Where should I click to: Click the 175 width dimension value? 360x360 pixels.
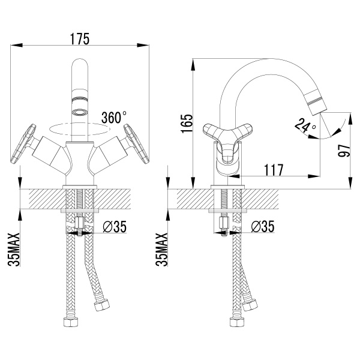(x=80, y=39)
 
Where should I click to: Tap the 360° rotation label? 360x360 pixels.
(x=114, y=117)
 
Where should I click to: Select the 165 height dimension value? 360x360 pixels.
(x=187, y=124)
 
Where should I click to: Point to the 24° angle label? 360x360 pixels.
(x=305, y=125)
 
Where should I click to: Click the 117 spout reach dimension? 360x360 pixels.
(x=274, y=170)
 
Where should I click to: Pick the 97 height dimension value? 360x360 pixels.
(x=344, y=151)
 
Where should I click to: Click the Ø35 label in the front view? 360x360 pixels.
(x=115, y=227)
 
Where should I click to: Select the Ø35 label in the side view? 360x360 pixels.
(x=263, y=226)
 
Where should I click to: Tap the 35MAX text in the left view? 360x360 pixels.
(x=14, y=250)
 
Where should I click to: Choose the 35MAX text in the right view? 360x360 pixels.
(x=161, y=250)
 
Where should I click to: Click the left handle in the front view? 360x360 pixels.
(x=23, y=144)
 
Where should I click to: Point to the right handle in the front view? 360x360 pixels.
(x=136, y=144)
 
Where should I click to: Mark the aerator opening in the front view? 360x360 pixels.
(x=80, y=113)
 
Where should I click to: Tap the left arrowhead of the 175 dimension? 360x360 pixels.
(x=17, y=45)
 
